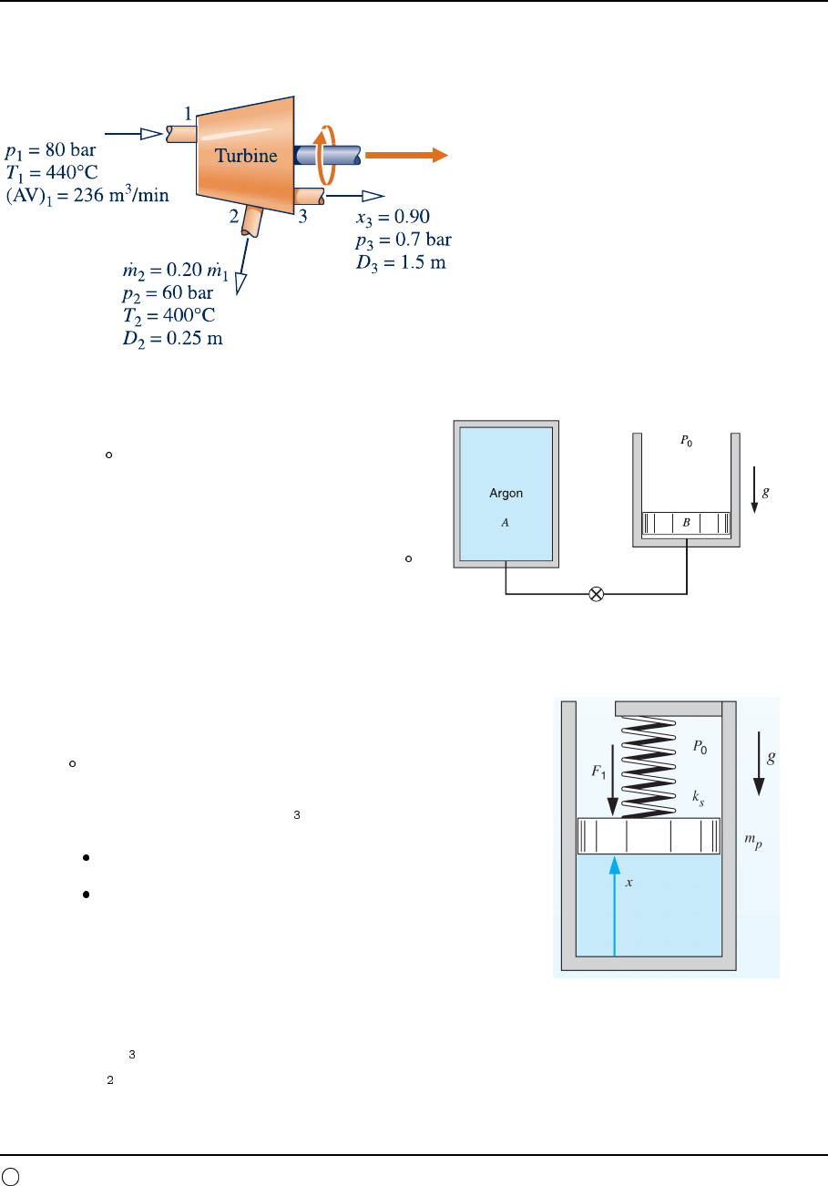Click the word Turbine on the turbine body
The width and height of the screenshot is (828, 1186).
pos(246,156)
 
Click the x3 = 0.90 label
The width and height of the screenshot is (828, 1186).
pos(392,219)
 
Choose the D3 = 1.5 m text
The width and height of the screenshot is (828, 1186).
pos(399,261)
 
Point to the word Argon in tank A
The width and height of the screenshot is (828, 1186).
pos(506,494)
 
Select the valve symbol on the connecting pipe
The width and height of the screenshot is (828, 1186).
pos(597,594)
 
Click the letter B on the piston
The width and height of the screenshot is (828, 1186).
pos(686,524)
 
